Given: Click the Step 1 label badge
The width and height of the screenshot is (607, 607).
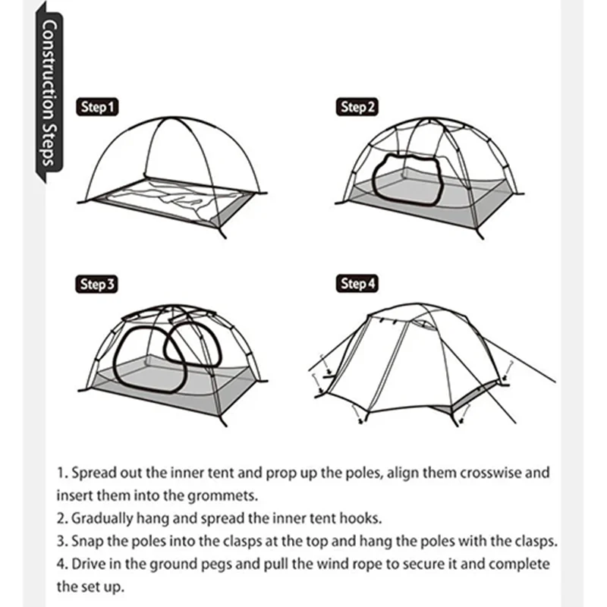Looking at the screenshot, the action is click(x=97, y=107).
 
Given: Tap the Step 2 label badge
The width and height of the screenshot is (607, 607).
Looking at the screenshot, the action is click(x=357, y=107).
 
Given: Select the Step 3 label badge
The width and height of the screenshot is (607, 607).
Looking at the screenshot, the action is click(x=96, y=285).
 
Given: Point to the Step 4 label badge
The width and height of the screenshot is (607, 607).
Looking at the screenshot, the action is click(x=357, y=284).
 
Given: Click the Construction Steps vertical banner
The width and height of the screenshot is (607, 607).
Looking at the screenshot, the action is click(x=49, y=93).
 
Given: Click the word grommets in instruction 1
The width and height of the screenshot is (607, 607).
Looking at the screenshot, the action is click(x=222, y=495).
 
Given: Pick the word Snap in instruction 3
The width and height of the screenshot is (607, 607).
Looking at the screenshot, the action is click(x=87, y=541).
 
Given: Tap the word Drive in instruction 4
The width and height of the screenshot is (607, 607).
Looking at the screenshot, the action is click(x=89, y=564).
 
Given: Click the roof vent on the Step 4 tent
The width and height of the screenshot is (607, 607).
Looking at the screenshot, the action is click(x=424, y=325).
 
